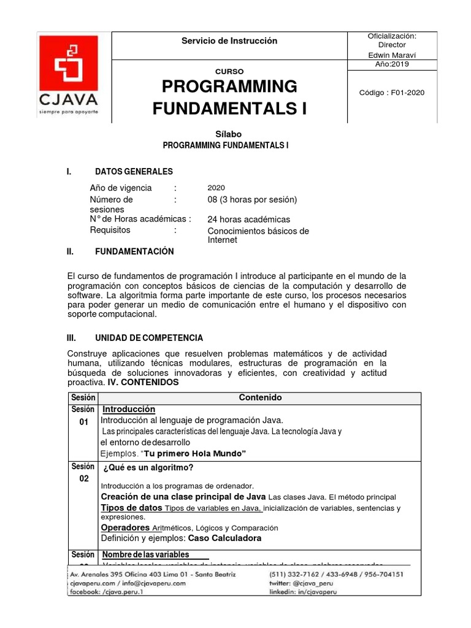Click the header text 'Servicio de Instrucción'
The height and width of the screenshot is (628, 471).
point(229,41)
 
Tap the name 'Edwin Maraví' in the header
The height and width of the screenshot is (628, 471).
point(392,54)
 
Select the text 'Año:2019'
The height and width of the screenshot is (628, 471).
point(392,64)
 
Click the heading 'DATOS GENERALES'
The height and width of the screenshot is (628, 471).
point(134,172)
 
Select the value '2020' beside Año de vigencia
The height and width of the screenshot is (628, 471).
point(216,188)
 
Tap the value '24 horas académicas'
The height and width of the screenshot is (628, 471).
point(248,220)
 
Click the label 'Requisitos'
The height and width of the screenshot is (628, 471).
point(110,230)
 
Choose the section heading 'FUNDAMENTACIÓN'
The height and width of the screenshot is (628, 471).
point(134,252)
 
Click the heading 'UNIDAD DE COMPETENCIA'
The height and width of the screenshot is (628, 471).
point(149,339)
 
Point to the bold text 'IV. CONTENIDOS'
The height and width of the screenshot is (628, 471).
point(143,382)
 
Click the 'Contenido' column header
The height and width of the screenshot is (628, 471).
point(261,397)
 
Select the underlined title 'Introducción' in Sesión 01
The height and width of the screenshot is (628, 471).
point(129,410)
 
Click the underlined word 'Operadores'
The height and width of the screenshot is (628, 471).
point(125,527)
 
